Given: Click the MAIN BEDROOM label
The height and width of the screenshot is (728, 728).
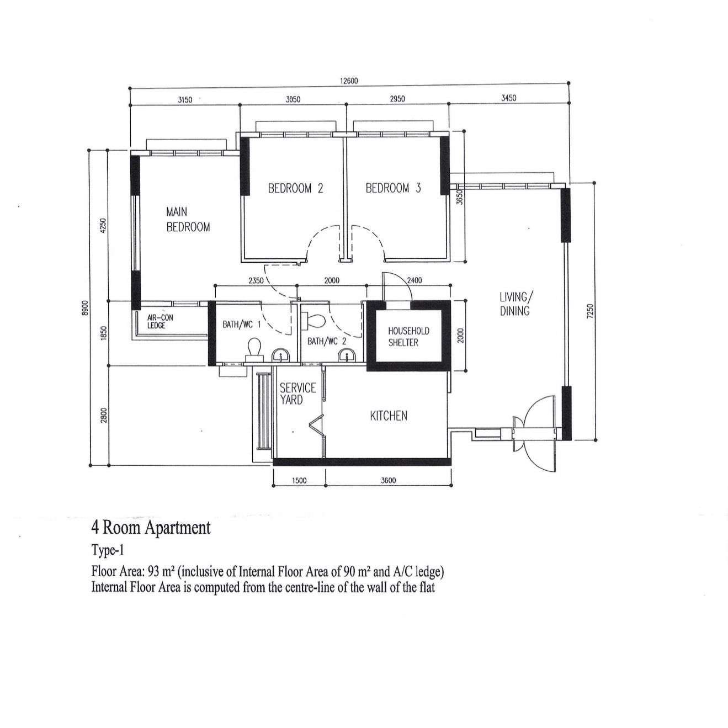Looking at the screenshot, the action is click(188, 219).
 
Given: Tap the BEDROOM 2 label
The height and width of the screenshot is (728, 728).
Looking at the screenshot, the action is click(295, 188).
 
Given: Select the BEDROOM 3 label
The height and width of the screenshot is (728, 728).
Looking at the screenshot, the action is click(393, 188).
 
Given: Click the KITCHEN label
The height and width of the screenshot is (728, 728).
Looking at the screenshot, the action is click(389, 416).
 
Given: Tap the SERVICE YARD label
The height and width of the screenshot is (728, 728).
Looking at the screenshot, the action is click(297, 394).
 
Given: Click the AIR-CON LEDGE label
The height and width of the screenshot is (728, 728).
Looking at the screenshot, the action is click(160, 321).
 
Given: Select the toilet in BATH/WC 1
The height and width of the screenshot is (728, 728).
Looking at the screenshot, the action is click(254, 349).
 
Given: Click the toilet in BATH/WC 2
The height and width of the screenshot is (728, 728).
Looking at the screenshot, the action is click(316, 320).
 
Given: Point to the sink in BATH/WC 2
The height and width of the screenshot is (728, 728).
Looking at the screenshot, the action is click(346, 355).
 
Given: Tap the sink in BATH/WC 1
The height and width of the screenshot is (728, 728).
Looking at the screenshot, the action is click(280, 355).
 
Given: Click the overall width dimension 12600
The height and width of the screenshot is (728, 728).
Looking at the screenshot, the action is click(349, 81).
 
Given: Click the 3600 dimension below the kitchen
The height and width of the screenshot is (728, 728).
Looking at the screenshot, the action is click(389, 480).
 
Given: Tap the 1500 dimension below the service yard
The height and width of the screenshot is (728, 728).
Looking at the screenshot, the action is click(299, 480).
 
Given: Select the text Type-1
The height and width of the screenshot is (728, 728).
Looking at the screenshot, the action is click(107, 550).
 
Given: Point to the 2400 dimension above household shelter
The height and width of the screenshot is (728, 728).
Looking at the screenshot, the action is click(414, 280).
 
